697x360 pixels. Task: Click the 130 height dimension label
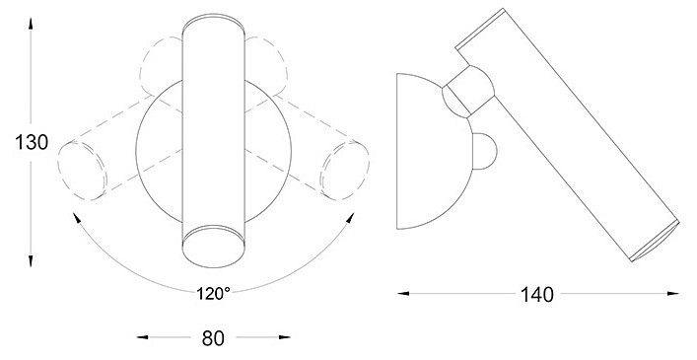[x=32, y=143]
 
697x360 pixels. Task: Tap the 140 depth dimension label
[x=537, y=295]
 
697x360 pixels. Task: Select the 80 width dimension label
[x=213, y=338]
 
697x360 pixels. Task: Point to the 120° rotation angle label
[x=213, y=293]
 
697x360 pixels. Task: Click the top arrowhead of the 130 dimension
[x=31, y=23]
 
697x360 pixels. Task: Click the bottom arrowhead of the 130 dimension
[x=31, y=261]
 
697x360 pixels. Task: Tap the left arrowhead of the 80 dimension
[x=142, y=337]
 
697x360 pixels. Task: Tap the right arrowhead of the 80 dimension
[x=285, y=337]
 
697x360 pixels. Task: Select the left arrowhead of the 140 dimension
[x=403, y=293]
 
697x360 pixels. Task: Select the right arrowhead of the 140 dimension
[x=673, y=293]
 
